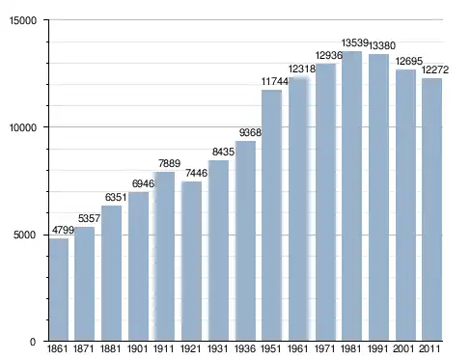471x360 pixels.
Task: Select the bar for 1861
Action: pos(59,290)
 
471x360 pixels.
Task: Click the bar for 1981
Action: pos(352,196)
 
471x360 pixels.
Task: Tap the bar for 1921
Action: pos(192,261)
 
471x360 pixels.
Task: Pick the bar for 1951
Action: pos(272,215)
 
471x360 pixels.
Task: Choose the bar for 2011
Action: pos(431,209)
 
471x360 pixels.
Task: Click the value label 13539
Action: pos(355,42)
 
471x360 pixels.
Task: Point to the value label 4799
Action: pos(63,230)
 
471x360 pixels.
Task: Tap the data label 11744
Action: pos(275,81)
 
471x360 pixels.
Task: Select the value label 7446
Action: pos(196,173)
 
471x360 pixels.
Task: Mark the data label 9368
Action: pos(250,132)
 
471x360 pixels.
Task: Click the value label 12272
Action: pos(435,69)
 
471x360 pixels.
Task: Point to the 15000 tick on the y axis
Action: pos(23,20)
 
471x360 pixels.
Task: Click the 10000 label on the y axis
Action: pos(23,127)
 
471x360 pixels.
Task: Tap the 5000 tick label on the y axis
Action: pos(24,235)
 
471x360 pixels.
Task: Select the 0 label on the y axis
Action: pos(33,342)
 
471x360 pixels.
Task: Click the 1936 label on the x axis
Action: pos(245,348)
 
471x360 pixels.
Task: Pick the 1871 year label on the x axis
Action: pos(83,348)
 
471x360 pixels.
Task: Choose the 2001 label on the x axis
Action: pos(403,348)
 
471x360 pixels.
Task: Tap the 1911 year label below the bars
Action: pos(163,348)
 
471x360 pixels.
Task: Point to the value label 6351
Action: pos(116,197)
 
